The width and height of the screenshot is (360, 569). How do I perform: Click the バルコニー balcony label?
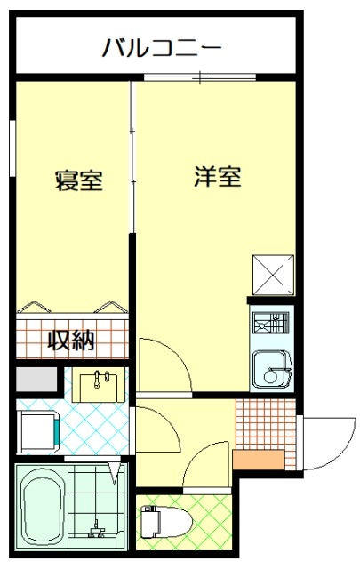[161, 48]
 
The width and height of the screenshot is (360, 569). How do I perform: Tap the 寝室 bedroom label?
[79, 180]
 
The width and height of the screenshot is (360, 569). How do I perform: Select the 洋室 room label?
[218, 176]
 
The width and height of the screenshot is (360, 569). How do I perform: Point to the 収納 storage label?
[72, 340]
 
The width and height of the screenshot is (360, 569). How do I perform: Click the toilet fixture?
[166, 522]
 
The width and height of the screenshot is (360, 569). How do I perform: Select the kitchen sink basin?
[272, 369]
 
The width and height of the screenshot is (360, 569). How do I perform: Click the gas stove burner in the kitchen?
[271, 322]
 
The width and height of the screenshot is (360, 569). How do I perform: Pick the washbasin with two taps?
[99, 385]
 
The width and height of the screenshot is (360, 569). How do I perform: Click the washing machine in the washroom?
[38, 431]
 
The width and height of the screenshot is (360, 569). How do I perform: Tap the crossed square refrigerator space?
[273, 275]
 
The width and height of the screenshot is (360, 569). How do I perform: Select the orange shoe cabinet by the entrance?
[259, 460]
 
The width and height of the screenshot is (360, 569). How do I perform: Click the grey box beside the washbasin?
[36, 380]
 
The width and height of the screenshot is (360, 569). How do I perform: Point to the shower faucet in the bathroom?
[97, 530]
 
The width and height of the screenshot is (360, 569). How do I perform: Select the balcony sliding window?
[200, 77]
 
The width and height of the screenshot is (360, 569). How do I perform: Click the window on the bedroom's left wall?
[12, 148]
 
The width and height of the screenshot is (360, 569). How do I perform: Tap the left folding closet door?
[35, 307]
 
